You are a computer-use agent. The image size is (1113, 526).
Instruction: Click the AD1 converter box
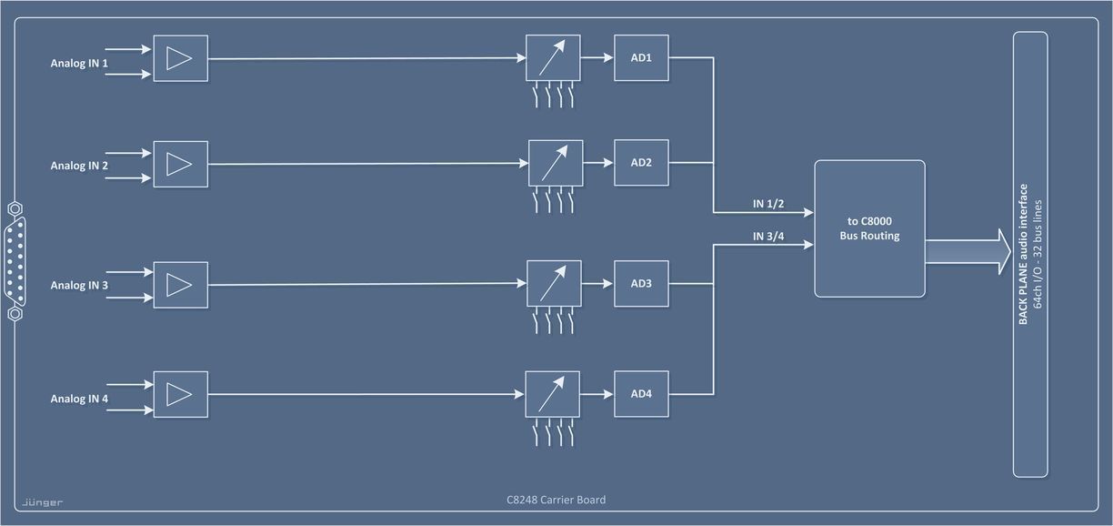[x=641, y=58]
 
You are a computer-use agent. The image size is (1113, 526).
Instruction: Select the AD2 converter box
[x=641, y=163]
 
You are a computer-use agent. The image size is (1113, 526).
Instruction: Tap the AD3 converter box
[x=641, y=283]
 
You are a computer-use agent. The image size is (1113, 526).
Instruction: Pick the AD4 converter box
[x=641, y=393]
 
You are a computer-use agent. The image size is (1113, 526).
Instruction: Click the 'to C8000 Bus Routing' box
[x=868, y=228]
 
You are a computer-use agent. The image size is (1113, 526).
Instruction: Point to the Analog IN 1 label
[x=79, y=64]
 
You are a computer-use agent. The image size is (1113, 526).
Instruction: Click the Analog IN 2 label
[x=79, y=166]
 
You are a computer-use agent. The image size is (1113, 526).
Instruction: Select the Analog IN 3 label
[x=79, y=286]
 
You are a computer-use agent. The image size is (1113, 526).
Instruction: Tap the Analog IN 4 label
[x=79, y=399]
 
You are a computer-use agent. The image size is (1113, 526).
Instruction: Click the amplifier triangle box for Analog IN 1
[x=180, y=58]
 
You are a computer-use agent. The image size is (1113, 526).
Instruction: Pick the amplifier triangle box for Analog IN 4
[x=180, y=394]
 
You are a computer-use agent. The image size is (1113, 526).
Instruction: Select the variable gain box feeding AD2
[x=554, y=164]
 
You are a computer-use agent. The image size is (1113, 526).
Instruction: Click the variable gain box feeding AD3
[x=554, y=284]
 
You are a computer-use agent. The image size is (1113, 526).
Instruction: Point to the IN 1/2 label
[x=768, y=204]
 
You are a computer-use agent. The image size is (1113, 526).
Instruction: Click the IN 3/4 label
[x=768, y=238]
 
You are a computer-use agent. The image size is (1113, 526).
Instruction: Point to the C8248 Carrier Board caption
[x=556, y=500]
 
